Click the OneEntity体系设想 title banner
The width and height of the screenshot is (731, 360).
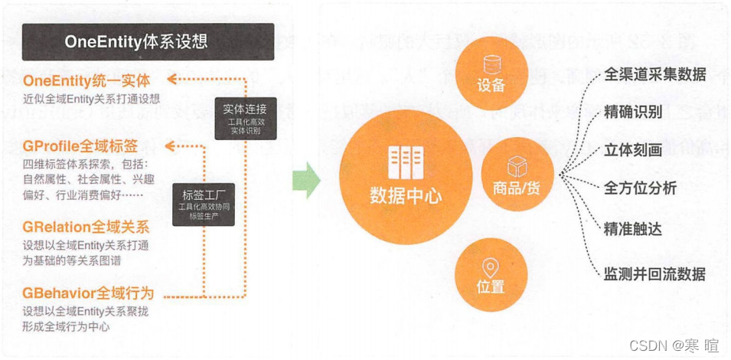click(x=148, y=41)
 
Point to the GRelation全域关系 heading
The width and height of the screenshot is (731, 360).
click(x=85, y=227)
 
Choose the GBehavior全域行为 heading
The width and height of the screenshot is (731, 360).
click(x=88, y=293)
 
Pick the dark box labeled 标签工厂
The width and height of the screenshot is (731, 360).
click(x=203, y=203)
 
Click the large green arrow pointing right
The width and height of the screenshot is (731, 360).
click(x=308, y=180)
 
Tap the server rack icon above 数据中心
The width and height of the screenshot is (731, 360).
click(x=405, y=162)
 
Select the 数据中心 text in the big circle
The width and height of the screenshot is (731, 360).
click(x=406, y=195)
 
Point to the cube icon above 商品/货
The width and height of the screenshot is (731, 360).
click(x=517, y=164)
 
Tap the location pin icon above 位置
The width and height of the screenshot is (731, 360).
click(x=491, y=267)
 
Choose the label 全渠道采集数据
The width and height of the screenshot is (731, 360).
click(x=654, y=75)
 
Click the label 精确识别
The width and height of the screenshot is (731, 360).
click(x=633, y=111)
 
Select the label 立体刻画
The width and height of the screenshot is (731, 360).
click(x=633, y=149)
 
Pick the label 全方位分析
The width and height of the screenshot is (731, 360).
click(x=641, y=188)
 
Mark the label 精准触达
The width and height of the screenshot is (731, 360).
click(x=633, y=228)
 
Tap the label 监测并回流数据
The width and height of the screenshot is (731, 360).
click(x=654, y=273)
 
